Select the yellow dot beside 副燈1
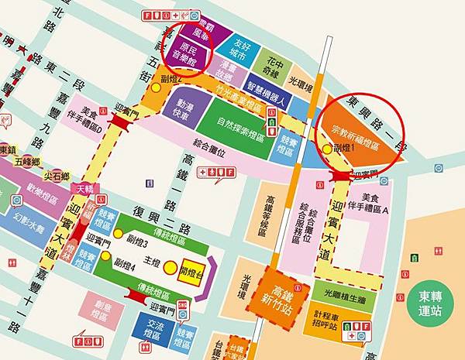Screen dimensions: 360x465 click(x=326, y=147)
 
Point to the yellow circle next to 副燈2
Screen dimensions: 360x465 click(x=157, y=87)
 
